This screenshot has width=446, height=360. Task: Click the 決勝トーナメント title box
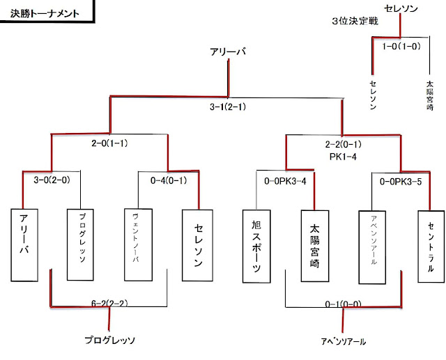click(x=45, y=13)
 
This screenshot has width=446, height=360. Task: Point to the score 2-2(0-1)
click(x=342, y=145)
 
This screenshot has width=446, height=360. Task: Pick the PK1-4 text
click(x=342, y=157)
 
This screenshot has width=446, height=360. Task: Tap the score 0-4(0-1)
click(x=169, y=180)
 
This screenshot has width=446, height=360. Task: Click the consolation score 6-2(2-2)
click(x=108, y=304)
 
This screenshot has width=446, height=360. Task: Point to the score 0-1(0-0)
click(x=342, y=304)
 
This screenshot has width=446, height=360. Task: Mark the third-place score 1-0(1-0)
click(x=401, y=47)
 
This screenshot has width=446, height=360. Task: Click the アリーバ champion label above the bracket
click(x=227, y=53)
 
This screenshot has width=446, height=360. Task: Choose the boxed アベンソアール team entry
click(x=373, y=246)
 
